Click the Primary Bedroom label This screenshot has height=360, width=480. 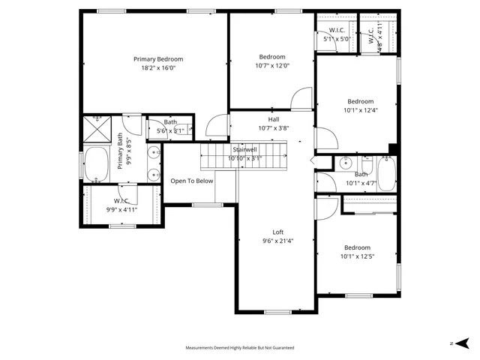pos(158,59)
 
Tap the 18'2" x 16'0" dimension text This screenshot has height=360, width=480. pos(158,68)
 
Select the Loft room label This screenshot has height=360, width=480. pos(277,232)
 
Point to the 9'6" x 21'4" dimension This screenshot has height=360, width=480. pos(277,241)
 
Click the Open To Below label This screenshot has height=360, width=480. pos(192,181)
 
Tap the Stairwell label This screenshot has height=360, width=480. pos(244,150)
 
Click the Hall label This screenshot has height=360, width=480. pos(274,119)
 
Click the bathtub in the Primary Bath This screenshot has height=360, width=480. pos(96,165)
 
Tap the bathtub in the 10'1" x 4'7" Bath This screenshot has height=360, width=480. pos(386,174)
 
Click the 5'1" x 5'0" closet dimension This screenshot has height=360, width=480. pos(337,39)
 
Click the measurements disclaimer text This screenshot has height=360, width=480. pos(240,348)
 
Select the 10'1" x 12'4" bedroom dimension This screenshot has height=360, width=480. pos(360,111)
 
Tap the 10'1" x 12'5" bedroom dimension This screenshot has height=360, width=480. pos(357,256)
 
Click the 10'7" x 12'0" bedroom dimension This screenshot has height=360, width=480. pos(272,65)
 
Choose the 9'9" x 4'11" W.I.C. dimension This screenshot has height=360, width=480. pos(121,210)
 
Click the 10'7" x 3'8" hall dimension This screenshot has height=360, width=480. pos(274,128)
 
